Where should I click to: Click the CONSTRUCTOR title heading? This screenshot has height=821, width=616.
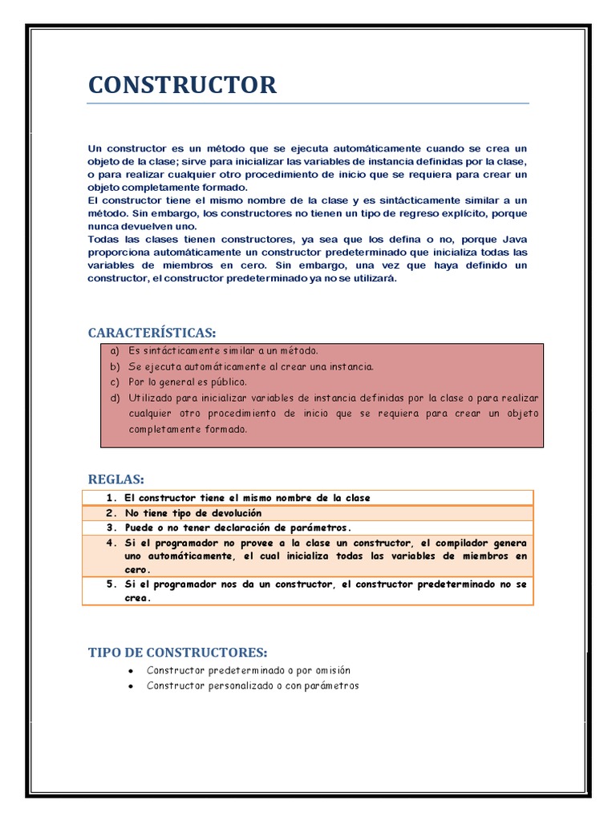pos(182,85)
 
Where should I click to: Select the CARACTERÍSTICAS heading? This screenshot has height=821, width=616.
pos(152,333)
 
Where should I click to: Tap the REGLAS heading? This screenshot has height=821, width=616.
pos(115,479)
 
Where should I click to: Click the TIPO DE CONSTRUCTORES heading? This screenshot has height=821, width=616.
pos(177,653)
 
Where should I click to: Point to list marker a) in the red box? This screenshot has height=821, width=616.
pos(115,351)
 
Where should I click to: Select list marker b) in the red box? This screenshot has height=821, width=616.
pos(115,366)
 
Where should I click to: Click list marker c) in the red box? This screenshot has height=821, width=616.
pos(115,382)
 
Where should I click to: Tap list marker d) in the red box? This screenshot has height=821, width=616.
pos(115,398)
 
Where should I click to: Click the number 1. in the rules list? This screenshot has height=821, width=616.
pos(111,498)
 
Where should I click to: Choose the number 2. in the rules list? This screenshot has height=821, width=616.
pos(111,513)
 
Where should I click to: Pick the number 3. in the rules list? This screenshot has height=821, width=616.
pos(111,528)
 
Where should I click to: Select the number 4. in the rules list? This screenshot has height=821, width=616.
pos(111,543)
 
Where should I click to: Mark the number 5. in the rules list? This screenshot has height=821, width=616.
pos(111,584)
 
